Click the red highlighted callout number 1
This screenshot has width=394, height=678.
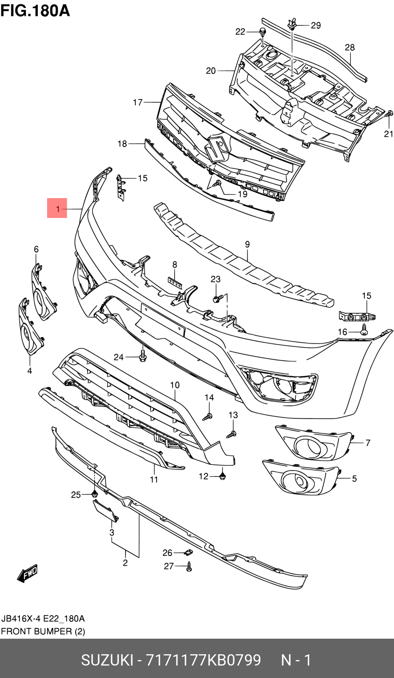click(57, 208)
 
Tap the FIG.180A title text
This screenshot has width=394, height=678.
click(35, 11)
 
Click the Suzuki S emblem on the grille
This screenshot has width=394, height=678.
click(216, 148)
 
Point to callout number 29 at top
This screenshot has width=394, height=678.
click(316, 26)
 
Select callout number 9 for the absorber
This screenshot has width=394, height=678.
click(247, 244)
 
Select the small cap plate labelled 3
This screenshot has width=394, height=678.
click(105, 510)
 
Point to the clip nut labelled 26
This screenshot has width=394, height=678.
click(188, 552)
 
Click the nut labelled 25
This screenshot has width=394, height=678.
click(94, 494)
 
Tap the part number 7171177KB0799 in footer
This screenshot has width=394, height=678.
click(203, 660)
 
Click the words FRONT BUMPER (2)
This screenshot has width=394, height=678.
click(43, 631)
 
